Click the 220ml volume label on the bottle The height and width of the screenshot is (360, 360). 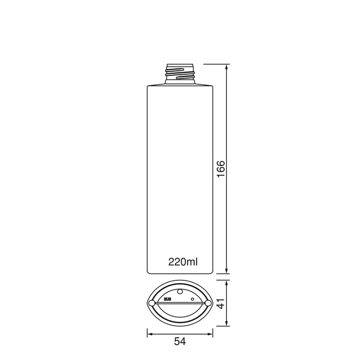[x=183, y=262]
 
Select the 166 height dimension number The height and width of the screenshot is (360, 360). [x=221, y=169]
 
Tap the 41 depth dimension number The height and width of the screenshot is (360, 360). [x=221, y=303]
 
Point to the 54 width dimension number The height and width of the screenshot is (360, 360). [x=180, y=341]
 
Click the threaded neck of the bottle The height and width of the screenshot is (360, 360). [x=180, y=73]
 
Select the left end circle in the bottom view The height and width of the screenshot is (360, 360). [x=152, y=303]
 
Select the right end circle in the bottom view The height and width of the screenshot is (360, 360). [x=208, y=303]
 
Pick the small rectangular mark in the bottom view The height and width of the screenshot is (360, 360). [x=168, y=299]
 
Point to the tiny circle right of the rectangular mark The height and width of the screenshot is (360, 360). [x=192, y=299]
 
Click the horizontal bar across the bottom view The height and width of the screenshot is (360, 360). [x=180, y=303]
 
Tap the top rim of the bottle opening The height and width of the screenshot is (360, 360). [x=180, y=64]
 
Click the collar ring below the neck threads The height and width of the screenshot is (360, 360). [x=180, y=82]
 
